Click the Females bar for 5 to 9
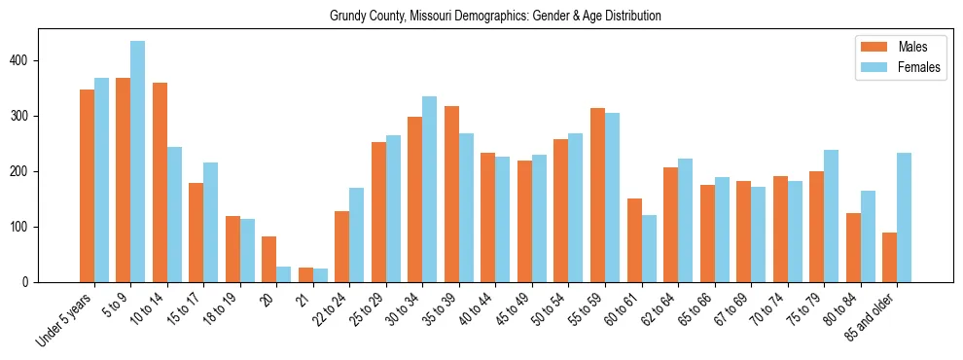pyautogui.click(x=138, y=162)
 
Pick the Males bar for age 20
pyautogui.click(x=269, y=259)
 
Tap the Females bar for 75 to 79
pyautogui.click(x=831, y=216)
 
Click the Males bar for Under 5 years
pyautogui.click(x=88, y=186)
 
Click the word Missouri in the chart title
pyautogui.click(x=430, y=16)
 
